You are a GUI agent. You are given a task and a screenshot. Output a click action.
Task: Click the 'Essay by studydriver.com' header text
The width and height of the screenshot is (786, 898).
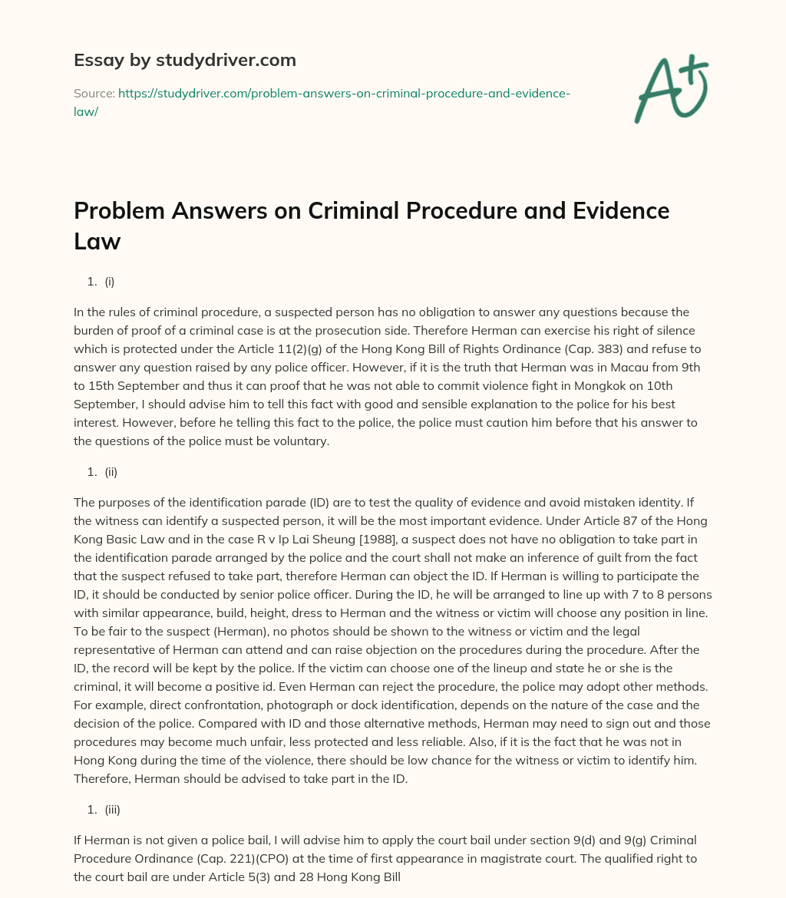pos(185,60)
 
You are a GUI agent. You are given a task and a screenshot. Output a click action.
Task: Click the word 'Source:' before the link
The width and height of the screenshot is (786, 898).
pos(94,94)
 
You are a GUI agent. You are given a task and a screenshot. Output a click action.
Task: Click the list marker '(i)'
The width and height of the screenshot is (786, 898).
pos(110,282)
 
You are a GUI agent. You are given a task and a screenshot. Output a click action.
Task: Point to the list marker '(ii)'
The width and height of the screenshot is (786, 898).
pos(111,472)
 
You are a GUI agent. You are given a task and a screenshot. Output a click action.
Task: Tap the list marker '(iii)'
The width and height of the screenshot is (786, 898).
pos(113,809)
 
